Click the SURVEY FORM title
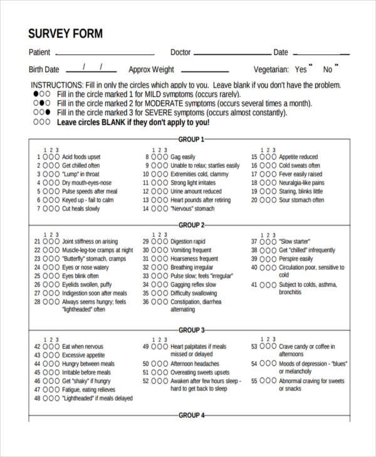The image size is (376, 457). tap(65, 34)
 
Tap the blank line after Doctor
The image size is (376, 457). tap(232, 54)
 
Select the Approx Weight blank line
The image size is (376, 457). tap(204, 71)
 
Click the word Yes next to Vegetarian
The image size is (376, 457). tap(301, 70)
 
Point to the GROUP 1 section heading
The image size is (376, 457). tap(191, 140)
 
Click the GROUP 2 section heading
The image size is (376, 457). tap(191, 225)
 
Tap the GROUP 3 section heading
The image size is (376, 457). tap(191, 330)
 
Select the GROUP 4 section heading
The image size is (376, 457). tap(191, 415)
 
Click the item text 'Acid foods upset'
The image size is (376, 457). tap(81, 157)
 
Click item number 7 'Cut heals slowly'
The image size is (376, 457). tap(80, 209)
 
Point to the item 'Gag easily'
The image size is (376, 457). tap(183, 157)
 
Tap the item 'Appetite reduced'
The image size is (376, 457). tap(298, 157)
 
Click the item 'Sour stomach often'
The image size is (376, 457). tap(301, 200)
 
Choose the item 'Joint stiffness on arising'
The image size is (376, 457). tap(90, 242)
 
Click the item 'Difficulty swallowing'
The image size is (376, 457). tap(194, 293)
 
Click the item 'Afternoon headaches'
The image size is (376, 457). tap(195, 364)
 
